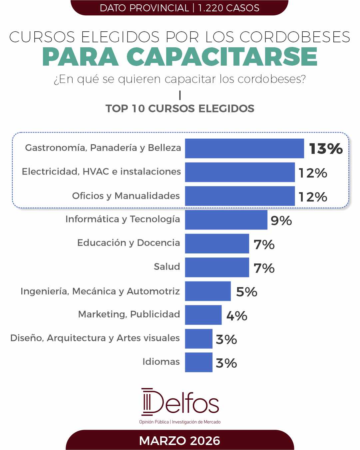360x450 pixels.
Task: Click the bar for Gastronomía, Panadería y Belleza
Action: pyautogui.click(x=244, y=148)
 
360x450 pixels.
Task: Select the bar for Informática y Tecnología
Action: pyautogui.click(x=226, y=220)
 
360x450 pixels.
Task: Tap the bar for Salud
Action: pyautogui.click(x=217, y=267)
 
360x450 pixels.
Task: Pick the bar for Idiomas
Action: pyautogui.click(x=198, y=362)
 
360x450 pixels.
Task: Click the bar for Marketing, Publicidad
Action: pyautogui.click(x=203, y=315)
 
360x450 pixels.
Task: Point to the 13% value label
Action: pyautogui.click(x=326, y=149)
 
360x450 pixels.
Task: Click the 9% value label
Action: pyautogui.click(x=281, y=221)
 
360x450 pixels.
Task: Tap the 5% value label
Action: pyautogui.click(x=246, y=292)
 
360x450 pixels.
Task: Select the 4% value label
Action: pyautogui.click(x=237, y=315)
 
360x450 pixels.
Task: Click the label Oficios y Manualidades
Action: pyautogui.click(x=126, y=196)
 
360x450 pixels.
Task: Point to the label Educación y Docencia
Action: pyautogui.click(x=129, y=243)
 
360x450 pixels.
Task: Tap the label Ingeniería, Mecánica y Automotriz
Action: pyautogui.click(x=100, y=291)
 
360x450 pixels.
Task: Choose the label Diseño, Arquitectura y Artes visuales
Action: pyautogui.click(x=95, y=338)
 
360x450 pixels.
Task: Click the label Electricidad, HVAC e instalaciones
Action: pyautogui.click(x=101, y=172)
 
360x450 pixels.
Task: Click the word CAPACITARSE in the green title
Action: pyautogui.click(x=222, y=57)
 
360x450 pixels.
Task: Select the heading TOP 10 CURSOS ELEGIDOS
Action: pyautogui.click(x=180, y=109)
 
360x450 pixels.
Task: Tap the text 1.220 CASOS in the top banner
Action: pyautogui.click(x=228, y=8)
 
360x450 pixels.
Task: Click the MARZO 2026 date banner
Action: pyautogui.click(x=180, y=441)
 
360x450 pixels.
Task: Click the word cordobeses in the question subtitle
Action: pyautogui.click(x=271, y=79)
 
